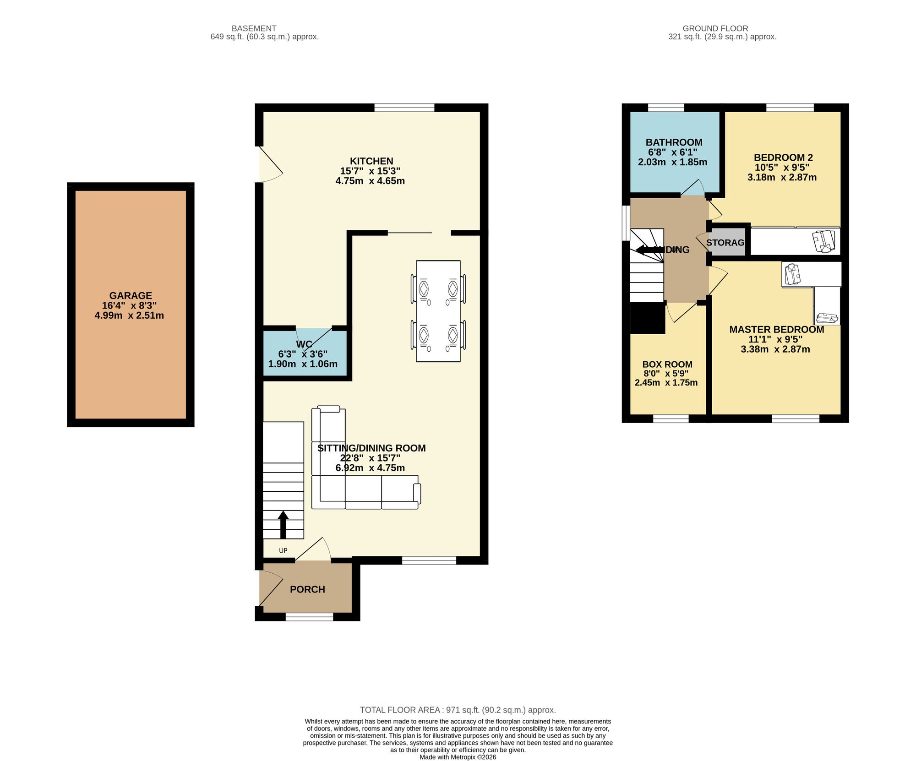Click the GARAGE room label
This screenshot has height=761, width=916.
131,296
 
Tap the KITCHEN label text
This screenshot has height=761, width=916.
371,161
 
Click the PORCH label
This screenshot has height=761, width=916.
307,589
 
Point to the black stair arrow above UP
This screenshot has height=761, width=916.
283,524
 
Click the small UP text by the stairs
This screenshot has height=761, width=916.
283,550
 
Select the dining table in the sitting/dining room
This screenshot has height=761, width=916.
438,311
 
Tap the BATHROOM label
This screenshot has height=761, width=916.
674,142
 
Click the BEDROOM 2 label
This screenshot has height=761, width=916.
783,158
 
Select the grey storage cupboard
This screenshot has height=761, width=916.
725,243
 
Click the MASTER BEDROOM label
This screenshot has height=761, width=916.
776,330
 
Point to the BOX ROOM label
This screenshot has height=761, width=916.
667,364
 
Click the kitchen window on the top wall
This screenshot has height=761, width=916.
404,108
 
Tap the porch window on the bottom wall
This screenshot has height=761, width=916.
309,617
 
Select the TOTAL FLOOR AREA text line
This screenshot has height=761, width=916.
458,710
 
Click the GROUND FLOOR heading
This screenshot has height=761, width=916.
715,28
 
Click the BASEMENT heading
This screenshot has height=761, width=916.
254,28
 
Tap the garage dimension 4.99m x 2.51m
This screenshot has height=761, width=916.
129,315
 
